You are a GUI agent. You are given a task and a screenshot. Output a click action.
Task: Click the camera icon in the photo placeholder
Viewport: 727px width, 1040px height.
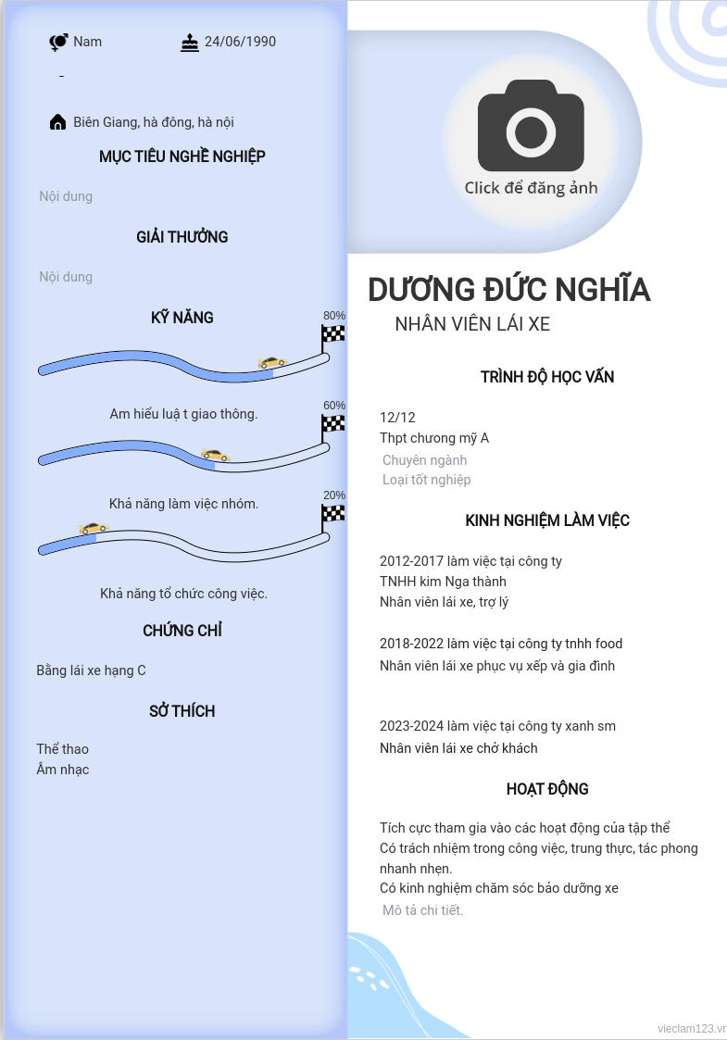[531, 125]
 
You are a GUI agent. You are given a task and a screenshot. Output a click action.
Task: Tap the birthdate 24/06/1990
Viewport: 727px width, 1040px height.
[240, 42]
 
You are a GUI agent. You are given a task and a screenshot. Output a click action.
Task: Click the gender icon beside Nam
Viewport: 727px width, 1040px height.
[58, 42]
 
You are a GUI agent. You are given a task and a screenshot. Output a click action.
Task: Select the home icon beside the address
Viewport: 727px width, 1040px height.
[57, 122]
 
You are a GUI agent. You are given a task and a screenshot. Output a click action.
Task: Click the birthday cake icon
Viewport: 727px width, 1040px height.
[190, 43]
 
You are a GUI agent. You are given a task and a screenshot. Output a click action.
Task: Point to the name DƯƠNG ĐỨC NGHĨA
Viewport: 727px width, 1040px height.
[508, 290]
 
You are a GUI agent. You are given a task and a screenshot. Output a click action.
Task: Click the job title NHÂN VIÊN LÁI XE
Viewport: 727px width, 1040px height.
[472, 324]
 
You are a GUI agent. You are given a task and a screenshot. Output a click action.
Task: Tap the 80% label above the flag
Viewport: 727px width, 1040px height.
[334, 316]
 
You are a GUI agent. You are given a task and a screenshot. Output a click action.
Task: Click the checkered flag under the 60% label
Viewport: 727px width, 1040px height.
[332, 424]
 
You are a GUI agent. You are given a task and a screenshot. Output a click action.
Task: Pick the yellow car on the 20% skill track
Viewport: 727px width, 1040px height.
[94, 528]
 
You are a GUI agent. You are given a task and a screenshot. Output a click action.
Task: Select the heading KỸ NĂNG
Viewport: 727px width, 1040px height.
[182, 318]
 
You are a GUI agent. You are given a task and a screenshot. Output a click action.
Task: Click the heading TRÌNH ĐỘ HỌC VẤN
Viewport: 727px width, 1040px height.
[547, 377]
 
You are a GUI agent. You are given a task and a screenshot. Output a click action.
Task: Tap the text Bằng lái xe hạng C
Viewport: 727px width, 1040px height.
[91, 670]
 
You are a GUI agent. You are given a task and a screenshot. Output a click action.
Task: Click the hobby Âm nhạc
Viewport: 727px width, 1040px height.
[63, 770]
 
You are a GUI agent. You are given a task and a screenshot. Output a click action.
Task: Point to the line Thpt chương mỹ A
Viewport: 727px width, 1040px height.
[434, 438]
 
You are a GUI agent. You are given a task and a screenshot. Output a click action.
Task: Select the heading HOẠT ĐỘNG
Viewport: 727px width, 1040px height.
[547, 789]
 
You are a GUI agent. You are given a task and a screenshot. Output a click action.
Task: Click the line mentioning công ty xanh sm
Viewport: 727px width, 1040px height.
[497, 726]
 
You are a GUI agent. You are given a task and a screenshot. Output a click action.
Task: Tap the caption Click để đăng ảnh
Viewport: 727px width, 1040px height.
[531, 188]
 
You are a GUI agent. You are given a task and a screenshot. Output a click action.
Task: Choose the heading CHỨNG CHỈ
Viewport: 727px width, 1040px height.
[182, 631]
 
